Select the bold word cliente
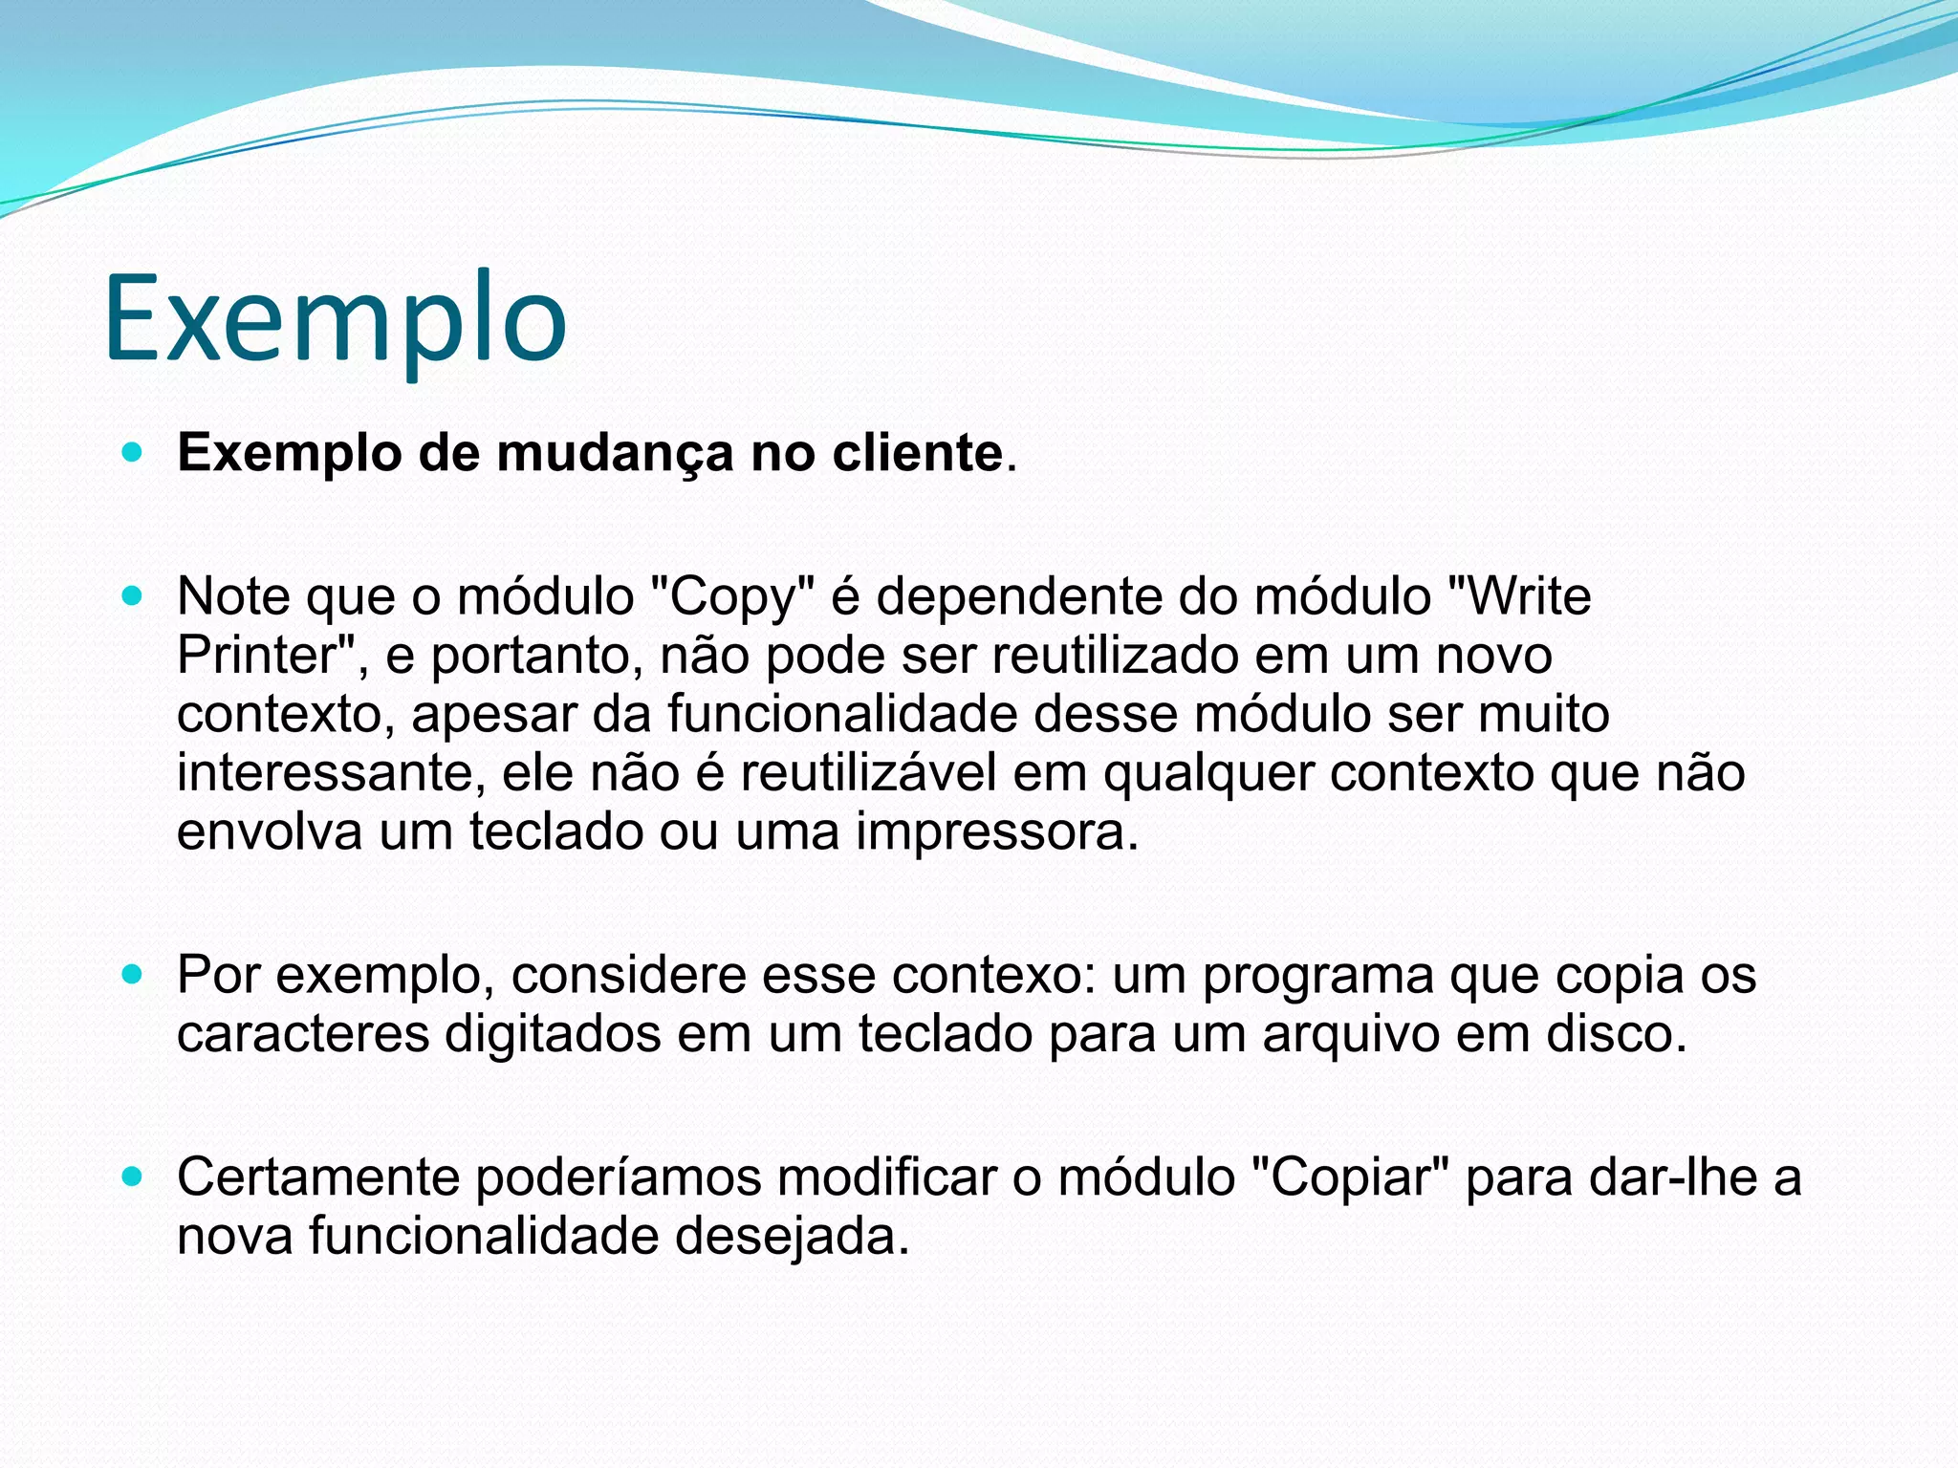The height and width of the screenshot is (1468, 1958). (x=917, y=453)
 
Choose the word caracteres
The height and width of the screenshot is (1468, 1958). (x=302, y=1035)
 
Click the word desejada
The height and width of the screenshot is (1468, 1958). (x=791, y=1237)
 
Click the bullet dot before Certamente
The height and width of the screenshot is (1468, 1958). (x=133, y=1177)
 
